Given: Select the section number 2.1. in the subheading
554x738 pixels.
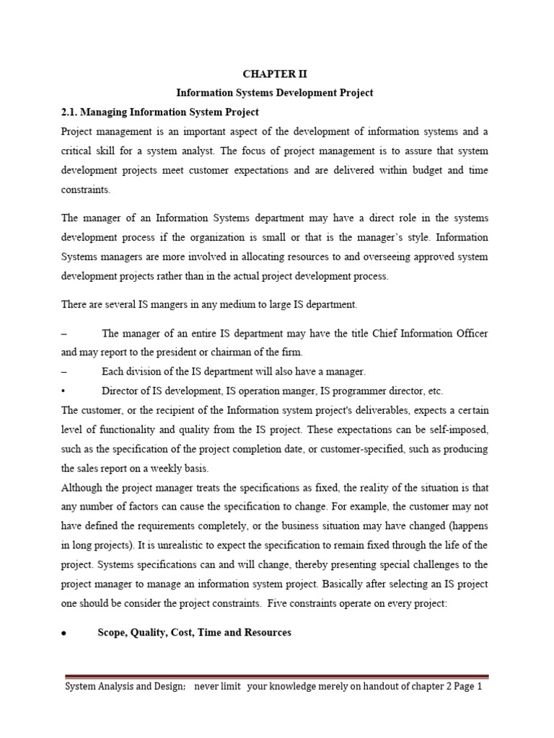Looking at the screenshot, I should tap(74, 112).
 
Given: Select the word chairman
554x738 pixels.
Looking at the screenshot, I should tap(245, 352).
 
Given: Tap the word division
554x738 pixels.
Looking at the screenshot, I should tap(143, 371).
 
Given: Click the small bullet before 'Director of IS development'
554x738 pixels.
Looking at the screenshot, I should tap(65, 391).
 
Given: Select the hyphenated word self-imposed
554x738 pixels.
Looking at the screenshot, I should tap(453, 430).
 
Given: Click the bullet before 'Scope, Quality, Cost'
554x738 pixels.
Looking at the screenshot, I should tap(65, 633).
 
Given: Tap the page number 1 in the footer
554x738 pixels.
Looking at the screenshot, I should tap(478, 687).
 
